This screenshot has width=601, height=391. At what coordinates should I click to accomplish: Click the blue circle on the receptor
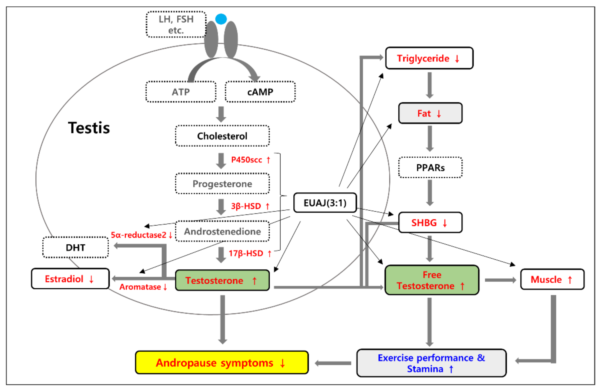(x=221, y=19)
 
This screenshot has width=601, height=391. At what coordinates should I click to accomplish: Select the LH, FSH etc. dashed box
(x=176, y=24)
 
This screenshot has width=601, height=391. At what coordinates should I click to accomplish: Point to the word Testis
(x=89, y=128)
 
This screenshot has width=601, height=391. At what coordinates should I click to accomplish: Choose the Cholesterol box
(x=222, y=136)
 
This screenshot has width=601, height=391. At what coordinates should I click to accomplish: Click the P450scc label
(x=247, y=160)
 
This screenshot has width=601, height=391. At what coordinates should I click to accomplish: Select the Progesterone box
(x=222, y=184)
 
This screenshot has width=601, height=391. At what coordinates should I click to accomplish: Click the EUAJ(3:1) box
(x=325, y=203)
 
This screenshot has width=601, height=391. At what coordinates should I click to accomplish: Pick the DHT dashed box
(x=76, y=248)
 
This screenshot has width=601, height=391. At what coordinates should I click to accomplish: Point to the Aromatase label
(x=140, y=287)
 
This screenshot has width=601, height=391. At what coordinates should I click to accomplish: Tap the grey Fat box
(x=430, y=113)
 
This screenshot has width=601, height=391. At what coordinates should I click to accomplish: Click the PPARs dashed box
(x=430, y=168)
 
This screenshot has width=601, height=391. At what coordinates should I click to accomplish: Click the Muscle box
(x=552, y=279)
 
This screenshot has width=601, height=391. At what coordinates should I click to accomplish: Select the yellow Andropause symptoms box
(x=222, y=363)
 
